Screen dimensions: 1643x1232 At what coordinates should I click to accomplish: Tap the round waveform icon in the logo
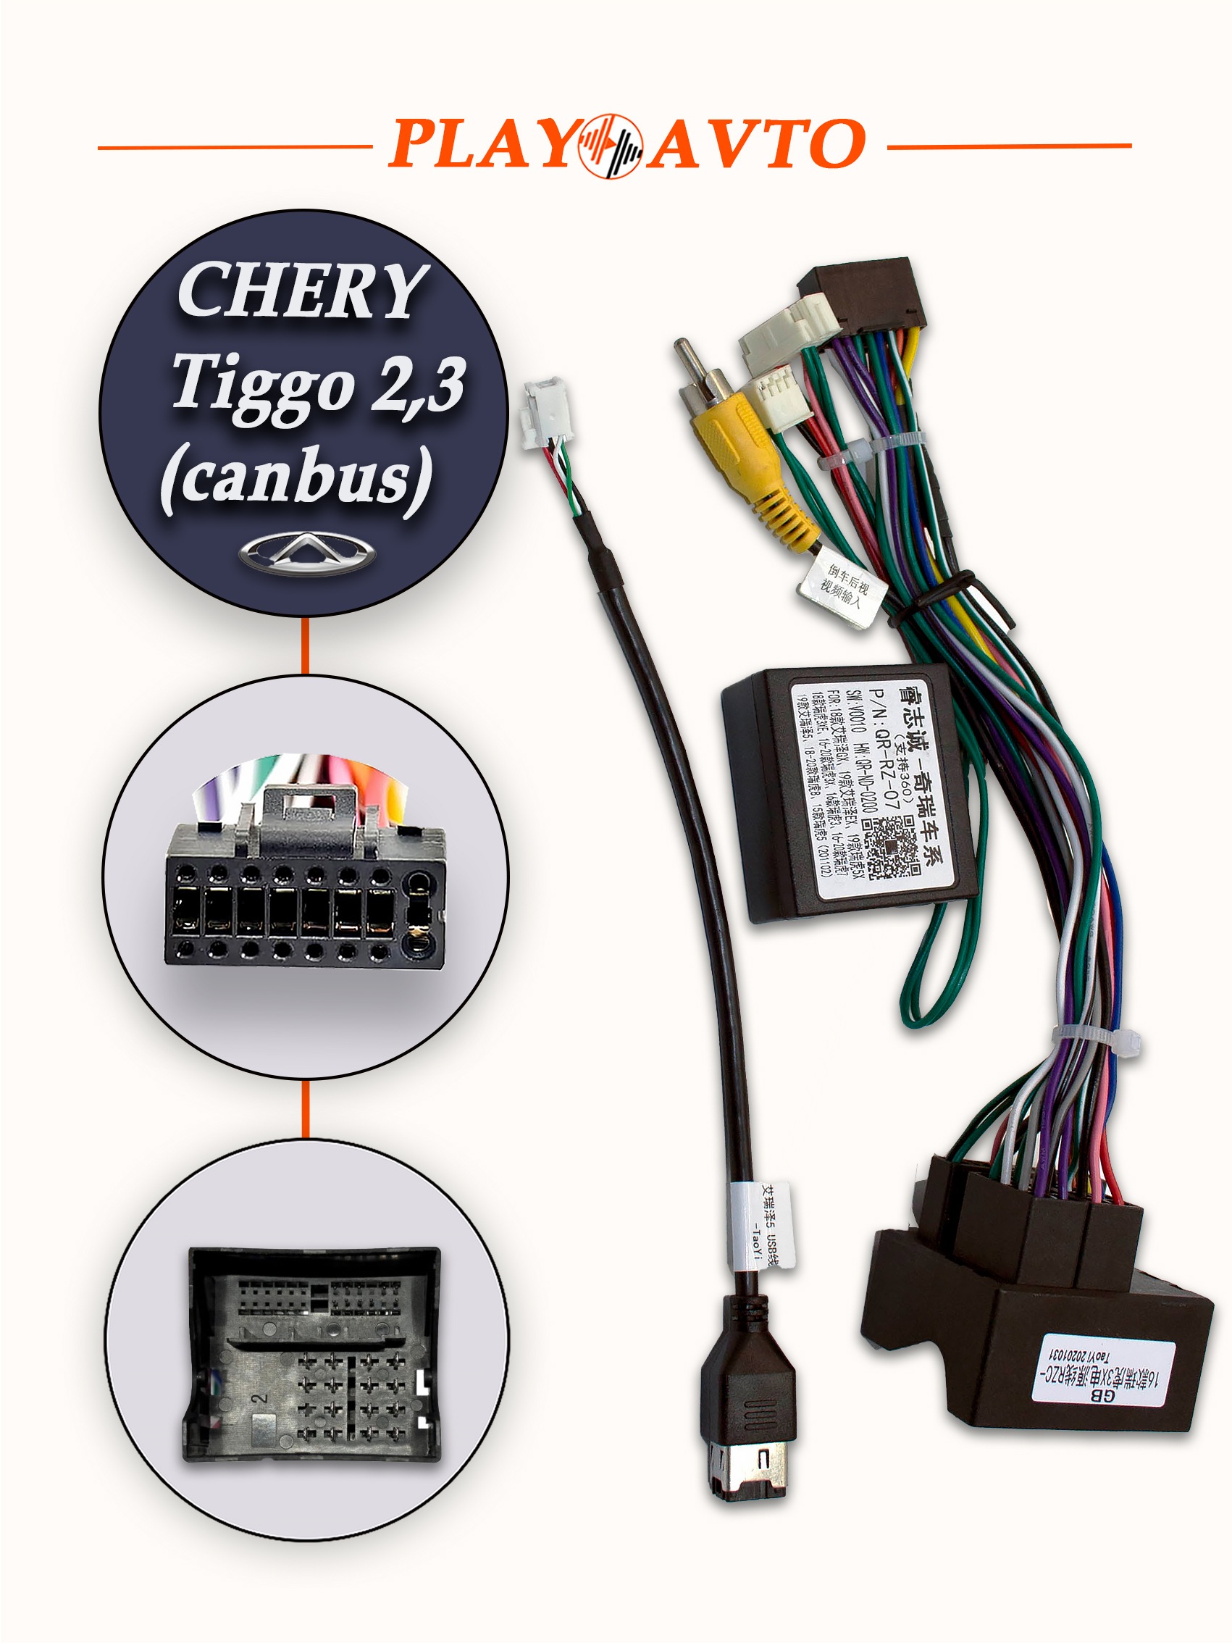coord(611,146)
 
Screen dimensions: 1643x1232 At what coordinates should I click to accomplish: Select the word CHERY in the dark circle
coord(301,291)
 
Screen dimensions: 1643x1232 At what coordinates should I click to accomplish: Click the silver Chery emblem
coord(307,554)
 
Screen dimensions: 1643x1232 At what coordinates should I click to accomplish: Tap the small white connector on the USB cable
coord(545,409)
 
